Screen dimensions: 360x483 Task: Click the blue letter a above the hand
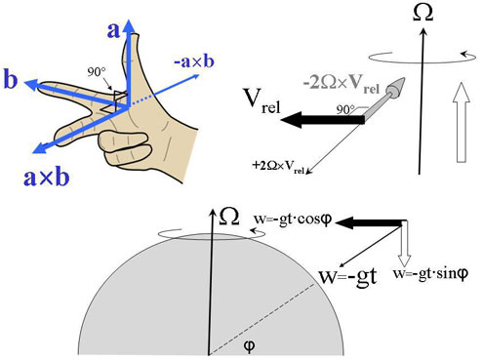[114, 30]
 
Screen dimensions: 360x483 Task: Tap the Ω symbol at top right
[423, 14]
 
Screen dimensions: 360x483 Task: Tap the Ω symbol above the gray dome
[225, 214]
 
